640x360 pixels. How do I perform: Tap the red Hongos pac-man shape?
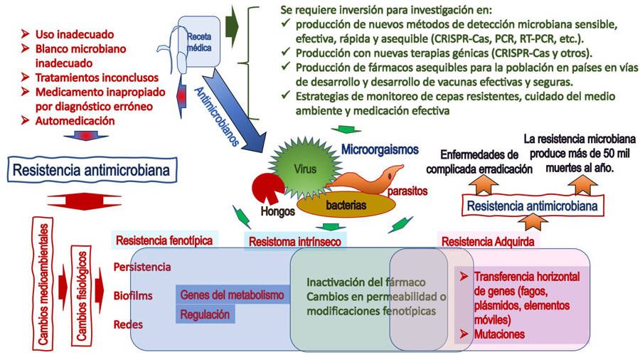tap(267, 189)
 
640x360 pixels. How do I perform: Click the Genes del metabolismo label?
tap(233, 295)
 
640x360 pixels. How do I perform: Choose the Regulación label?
tap(205, 314)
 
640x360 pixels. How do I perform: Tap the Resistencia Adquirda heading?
tap(489, 241)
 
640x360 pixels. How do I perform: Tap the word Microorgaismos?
tap(379, 151)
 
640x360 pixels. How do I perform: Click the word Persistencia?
tap(142, 267)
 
